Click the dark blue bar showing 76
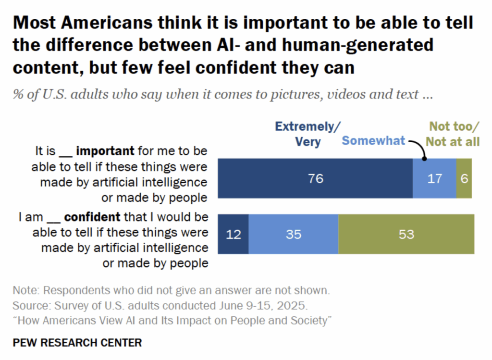point(315,178)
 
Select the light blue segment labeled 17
point(434,178)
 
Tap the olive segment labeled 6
point(464,178)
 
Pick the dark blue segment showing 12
point(233,234)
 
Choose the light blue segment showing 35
point(293,234)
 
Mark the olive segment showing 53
point(406,234)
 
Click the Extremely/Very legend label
point(307,134)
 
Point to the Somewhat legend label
point(373,141)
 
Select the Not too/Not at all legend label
point(454,134)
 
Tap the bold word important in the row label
point(105,151)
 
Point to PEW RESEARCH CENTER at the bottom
point(77,343)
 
